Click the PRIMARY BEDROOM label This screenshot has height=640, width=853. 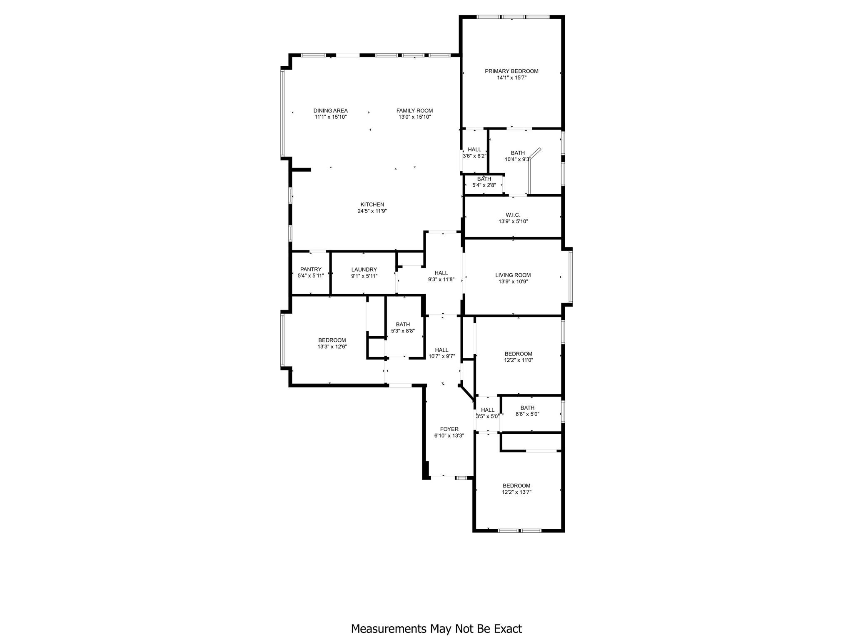511,71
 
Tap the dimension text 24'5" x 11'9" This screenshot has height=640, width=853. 372,211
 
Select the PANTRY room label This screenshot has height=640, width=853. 311,270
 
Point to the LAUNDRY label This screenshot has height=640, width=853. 364,270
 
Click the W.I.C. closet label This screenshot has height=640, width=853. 513,215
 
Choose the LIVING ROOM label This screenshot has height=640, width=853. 513,275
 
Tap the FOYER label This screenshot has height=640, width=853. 449,429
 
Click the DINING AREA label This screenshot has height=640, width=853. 330,110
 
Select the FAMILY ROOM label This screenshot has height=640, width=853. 414,110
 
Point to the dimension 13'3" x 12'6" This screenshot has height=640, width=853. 332,346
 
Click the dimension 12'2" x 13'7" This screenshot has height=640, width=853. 516,492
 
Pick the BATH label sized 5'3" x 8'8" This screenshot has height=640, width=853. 403,324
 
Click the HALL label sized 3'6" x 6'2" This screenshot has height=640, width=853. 474,150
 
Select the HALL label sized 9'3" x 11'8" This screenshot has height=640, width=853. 441,273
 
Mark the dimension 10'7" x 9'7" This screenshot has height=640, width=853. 441,356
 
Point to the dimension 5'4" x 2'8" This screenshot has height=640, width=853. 484,185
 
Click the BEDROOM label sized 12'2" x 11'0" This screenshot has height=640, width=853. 518,354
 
